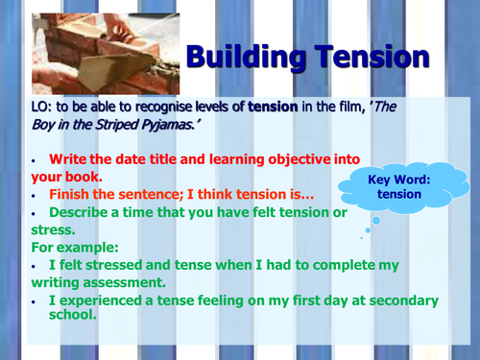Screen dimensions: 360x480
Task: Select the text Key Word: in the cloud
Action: point(398,179)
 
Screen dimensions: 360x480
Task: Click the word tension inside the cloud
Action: point(398,195)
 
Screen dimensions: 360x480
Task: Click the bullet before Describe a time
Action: point(34,212)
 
